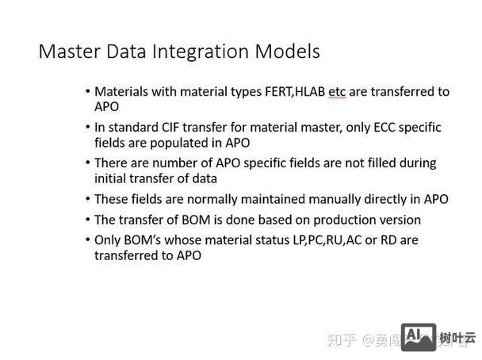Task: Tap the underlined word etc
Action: click(x=338, y=92)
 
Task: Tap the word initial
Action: click(x=112, y=178)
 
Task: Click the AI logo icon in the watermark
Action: click(x=418, y=337)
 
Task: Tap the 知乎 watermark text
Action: click(x=342, y=339)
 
